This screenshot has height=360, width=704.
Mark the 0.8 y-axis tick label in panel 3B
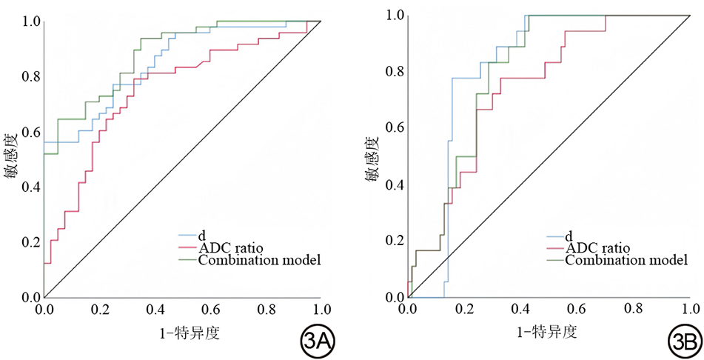[x=393, y=71]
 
